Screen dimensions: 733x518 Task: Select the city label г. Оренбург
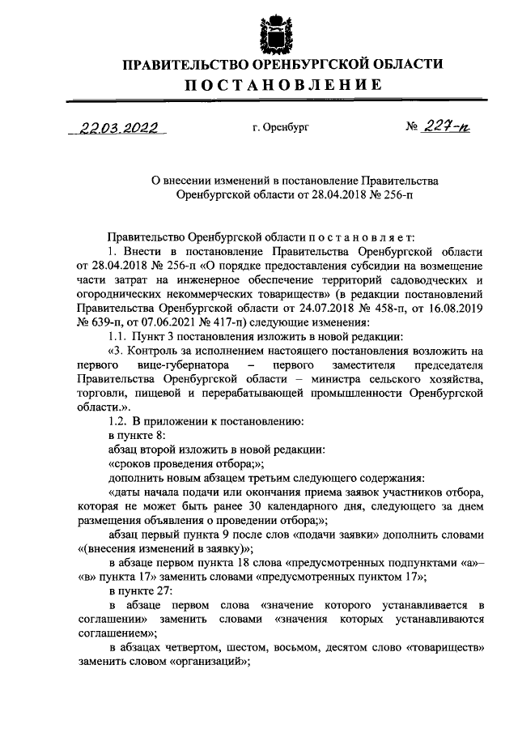[281, 128]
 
